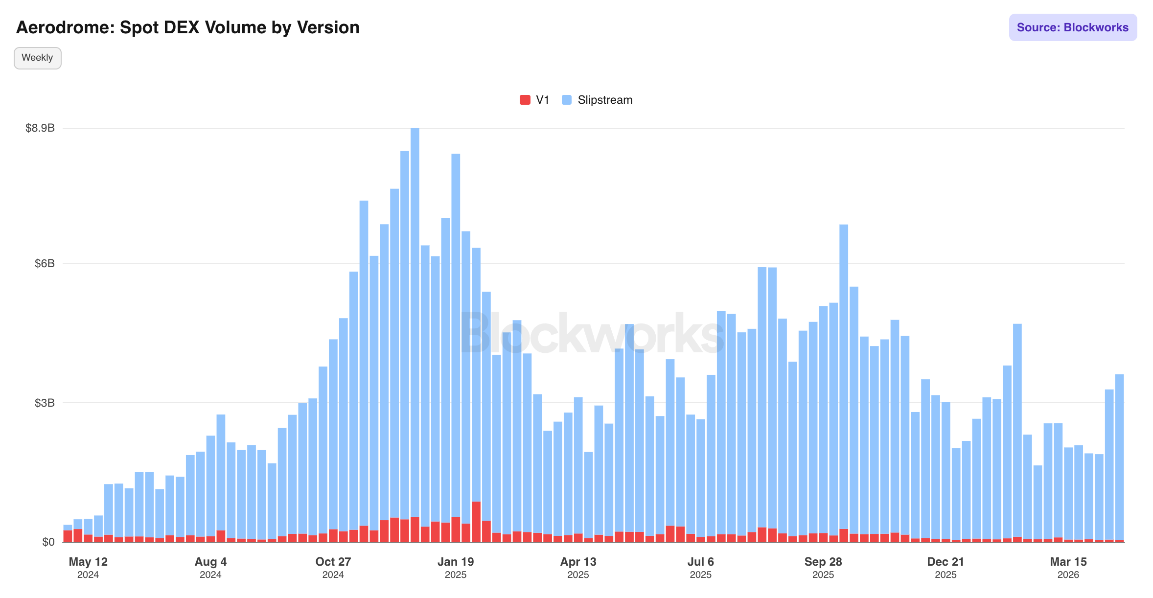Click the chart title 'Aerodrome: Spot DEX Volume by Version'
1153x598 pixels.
[x=188, y=27]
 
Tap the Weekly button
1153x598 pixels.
[x=37, y=58]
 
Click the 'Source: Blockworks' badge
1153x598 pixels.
[x=1072, y=27]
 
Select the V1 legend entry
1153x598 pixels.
[x=534, y=100]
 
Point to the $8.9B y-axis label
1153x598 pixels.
[x=40, y=128]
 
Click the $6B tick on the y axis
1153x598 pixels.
[x=45, y=264]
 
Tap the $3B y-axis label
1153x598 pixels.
[x=45, y=403]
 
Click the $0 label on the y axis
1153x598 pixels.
[x=48, y=542]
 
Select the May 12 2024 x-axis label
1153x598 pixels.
[x=88, y=567]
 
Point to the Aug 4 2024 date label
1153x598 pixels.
[x=210, y=567]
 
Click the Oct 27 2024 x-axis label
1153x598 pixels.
[x=333, y=567]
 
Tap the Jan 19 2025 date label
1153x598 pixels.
[x=456, y=567]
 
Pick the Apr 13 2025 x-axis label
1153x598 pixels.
[x=578, y=567]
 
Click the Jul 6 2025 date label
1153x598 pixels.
[x=701, y=567]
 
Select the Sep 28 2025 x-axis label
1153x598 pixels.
[x=823, y=567]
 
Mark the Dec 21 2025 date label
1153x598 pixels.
[x=945, y=567]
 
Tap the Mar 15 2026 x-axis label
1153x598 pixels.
[x=1068, y=567]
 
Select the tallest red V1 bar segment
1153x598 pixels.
[x=476, y=522]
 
